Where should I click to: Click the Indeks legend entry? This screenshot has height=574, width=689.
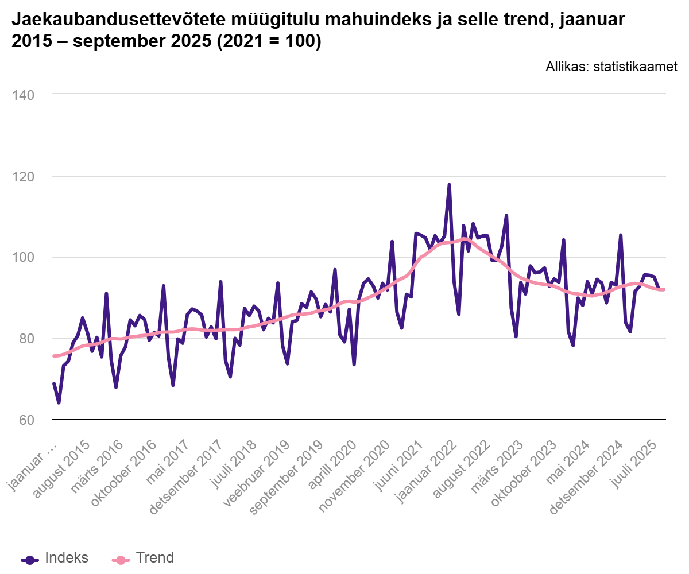(55, 557)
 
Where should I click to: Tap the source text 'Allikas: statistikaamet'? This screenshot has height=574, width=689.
(611, 67)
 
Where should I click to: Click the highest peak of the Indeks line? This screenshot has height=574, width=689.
(449, 185)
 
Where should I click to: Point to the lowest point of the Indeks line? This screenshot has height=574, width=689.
(59, 403)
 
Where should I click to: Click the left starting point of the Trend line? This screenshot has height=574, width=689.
(54, 356)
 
